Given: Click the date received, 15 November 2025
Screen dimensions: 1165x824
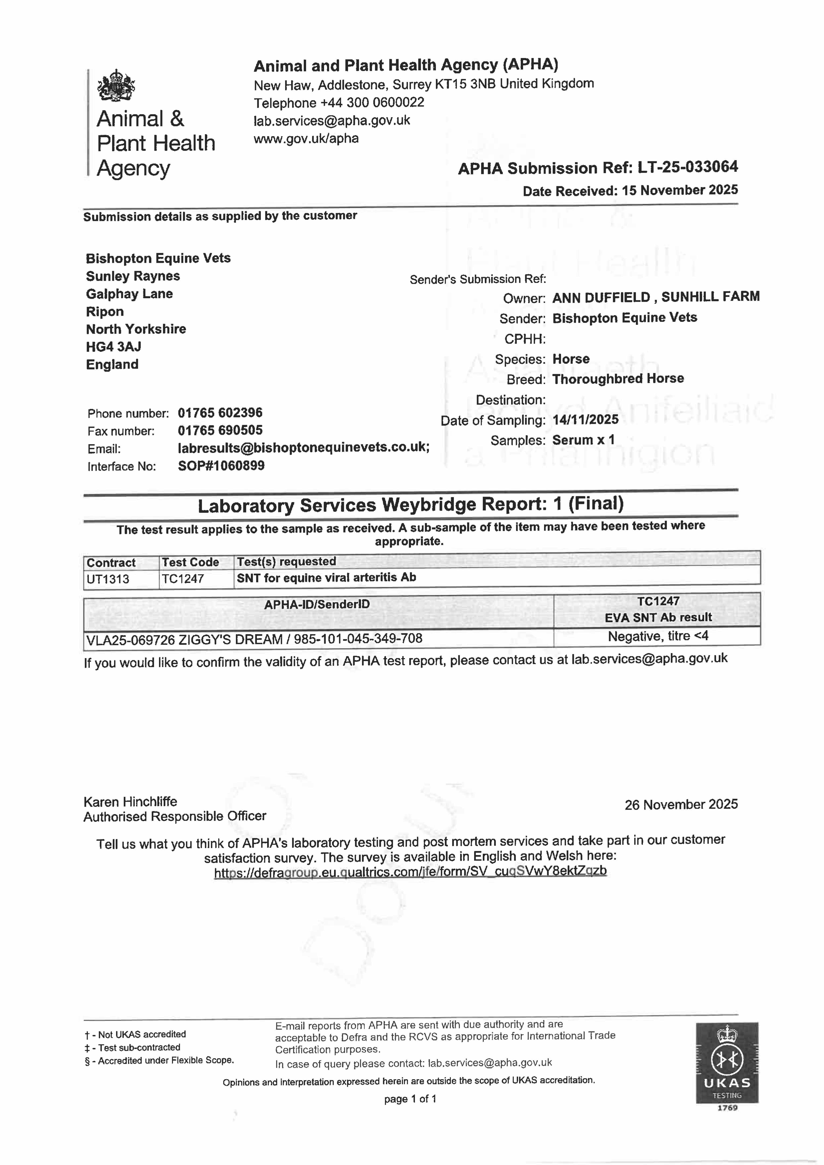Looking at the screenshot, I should (680, 190).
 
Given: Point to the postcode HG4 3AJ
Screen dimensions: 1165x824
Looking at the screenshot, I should (114, 346).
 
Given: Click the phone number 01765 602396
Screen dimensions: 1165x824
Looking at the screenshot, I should (220, 412).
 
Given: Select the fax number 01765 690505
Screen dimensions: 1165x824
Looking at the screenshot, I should (220, 430).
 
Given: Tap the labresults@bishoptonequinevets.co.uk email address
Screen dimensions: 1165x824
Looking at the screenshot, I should (303, 448).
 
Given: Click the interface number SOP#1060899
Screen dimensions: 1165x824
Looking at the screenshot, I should (221, 465).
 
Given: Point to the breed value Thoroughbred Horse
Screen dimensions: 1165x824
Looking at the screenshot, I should (618, 379).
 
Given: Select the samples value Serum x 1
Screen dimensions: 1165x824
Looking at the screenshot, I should (583, 440).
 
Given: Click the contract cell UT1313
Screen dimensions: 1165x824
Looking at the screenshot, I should (108, 579).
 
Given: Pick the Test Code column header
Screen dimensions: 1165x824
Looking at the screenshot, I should (190, 562).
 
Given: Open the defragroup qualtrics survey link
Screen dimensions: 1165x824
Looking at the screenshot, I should (410, 872).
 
